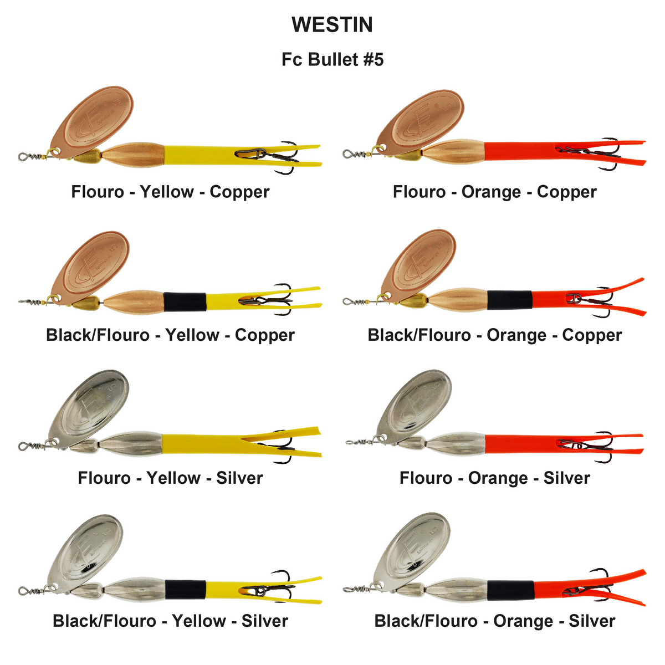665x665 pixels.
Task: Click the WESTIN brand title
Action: (332, 24)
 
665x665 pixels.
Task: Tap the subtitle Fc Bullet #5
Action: (332, 59)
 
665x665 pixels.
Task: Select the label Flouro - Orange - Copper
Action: (494, 192)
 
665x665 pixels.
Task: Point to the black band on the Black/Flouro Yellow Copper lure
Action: (185, 301)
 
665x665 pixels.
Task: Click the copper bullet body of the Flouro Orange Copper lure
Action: (454, 152)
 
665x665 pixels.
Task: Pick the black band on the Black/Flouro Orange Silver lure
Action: (510, 590)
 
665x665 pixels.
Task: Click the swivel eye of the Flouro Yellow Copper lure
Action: (22, 157)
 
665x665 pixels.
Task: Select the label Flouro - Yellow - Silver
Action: (170, 478)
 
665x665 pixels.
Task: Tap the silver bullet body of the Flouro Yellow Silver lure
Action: (131, 444)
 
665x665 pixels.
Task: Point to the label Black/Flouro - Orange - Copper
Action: (494, 335)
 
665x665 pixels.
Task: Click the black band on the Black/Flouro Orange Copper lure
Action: (510, 300)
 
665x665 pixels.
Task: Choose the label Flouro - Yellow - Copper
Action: (170, 192)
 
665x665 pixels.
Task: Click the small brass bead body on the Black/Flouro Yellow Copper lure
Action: (86, 303)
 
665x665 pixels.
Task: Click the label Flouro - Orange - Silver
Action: (494, 478)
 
